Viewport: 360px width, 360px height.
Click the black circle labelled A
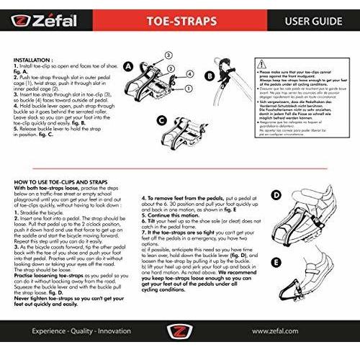coord(127,66)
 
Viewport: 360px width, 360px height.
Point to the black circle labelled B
coord(209,74)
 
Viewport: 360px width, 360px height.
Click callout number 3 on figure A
coord(168,55)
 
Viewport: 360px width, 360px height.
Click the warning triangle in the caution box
coord(257,64)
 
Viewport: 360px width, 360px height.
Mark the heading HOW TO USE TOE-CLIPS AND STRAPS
coord(69,184)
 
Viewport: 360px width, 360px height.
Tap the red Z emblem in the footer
coord(180,333)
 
